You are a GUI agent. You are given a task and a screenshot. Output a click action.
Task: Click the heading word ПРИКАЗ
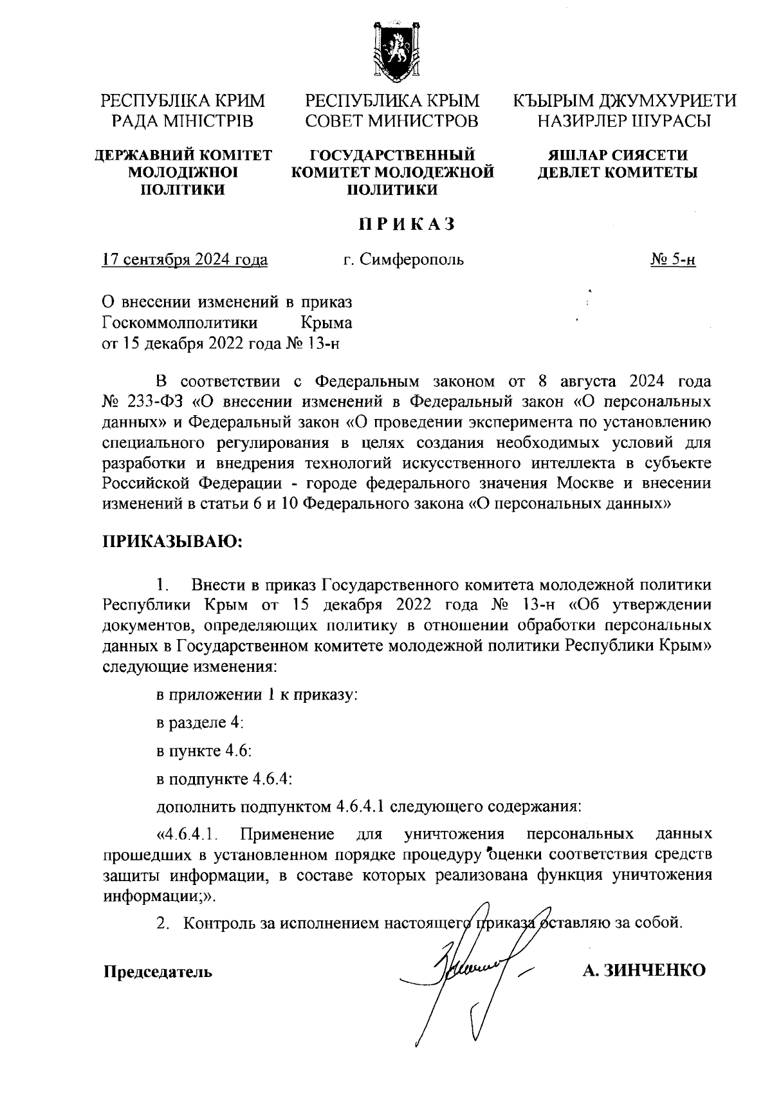[407, 224]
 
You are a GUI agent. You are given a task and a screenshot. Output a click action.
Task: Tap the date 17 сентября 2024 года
[185, 260]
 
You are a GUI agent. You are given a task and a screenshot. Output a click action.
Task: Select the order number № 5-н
[673, 260]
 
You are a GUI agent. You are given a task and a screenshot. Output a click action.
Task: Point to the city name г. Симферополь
[403, 260]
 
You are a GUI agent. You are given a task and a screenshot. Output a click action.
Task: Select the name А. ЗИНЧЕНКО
[644, 971]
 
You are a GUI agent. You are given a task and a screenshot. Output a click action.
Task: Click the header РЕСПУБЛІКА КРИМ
[183, 101]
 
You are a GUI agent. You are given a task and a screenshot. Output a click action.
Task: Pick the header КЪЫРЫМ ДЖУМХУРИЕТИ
[624, 101]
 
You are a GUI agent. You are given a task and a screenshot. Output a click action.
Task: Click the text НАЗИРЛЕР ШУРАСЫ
[624, 120]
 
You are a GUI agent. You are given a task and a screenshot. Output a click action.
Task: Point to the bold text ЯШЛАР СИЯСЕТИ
[618, 155]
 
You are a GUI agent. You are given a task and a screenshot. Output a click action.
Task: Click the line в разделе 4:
[200, 723]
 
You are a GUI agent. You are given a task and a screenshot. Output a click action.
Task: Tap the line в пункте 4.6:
[204, 751]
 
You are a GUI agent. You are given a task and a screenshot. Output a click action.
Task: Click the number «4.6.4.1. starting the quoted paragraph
[190, 835]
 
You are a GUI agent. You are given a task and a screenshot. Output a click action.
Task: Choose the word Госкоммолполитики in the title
[181, 322]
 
